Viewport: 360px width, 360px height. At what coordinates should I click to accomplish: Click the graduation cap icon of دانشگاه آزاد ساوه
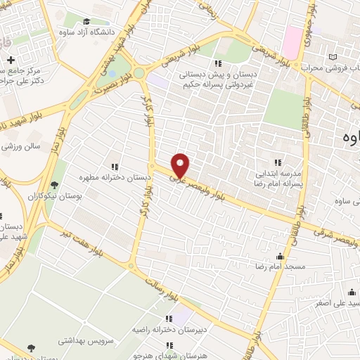tap(86, 22)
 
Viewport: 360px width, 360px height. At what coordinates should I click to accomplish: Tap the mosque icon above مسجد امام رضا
tap(281, 256)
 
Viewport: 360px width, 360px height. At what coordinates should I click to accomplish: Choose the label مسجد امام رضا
tap(278, 267)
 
